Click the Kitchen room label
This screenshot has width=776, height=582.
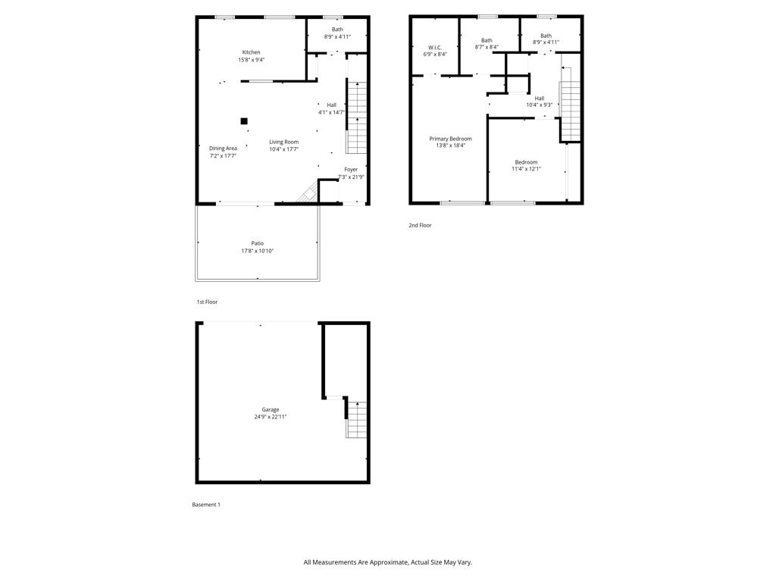(251, 52)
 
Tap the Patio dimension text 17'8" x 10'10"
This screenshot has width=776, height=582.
(257, 251)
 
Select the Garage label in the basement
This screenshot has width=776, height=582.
(271, 409)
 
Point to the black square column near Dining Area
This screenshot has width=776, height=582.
(244, 121)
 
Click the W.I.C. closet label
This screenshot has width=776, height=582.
(434, 47)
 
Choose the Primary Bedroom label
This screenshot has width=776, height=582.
(450, 139)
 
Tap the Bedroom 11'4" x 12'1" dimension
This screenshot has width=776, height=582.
(526, 169)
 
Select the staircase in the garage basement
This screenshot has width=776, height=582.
(357, 419)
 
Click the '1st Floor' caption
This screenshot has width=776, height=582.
(207, 302)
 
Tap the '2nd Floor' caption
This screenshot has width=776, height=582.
(420, 225)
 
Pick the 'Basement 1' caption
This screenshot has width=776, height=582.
(206, 505)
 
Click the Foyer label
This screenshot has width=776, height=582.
(351, 170)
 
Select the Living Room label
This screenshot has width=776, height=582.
(283, 142)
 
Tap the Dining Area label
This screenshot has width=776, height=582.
(223, 149)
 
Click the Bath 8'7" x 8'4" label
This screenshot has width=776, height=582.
(487, 41)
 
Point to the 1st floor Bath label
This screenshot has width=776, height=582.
(337, 30)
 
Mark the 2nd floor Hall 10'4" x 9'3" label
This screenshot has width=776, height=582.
(539, 98)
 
